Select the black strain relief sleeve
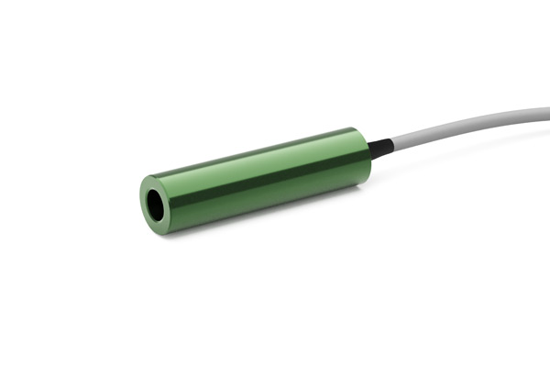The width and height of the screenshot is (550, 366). point(380,147)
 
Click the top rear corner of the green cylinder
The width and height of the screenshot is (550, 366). point(354,129)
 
